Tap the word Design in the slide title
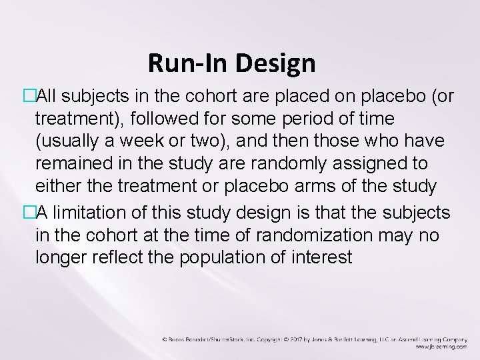pos(280,64)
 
